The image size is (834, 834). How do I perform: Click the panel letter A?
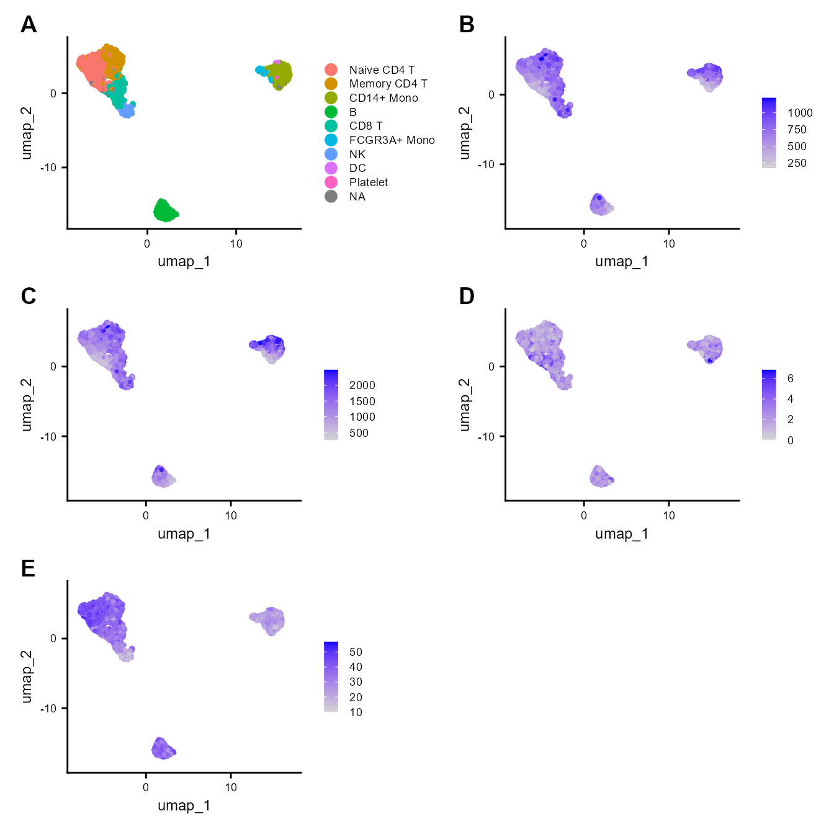(29, 25)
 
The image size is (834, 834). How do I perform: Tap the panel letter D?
(467, 297)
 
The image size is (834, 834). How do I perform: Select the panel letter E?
(28, 568)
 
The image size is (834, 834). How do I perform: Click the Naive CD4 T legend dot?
(331, 69)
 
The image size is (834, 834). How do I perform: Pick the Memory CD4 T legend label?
(388, 84)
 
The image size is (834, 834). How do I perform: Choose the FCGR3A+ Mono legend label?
(392, 140)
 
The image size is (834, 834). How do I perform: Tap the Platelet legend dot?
(331, 182)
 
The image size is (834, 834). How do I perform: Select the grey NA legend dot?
(331, 197)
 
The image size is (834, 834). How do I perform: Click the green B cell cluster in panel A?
(164, 210)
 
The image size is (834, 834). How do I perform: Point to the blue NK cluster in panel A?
(127, 110)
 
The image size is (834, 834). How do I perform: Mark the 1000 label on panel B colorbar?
(800, 113)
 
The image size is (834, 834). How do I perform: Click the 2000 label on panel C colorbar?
(362, 385)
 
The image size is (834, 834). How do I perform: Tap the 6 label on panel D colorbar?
(790, 379)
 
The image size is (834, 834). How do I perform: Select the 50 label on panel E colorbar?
(356, 652)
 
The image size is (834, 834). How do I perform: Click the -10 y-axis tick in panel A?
(49, 168)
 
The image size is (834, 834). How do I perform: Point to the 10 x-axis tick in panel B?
(668, 244)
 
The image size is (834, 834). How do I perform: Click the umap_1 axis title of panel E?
(184, 805)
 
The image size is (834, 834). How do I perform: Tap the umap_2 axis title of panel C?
(27, 404)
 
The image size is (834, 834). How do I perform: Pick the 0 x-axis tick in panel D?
(584, 516)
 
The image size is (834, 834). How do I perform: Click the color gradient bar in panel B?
(769, 133)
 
